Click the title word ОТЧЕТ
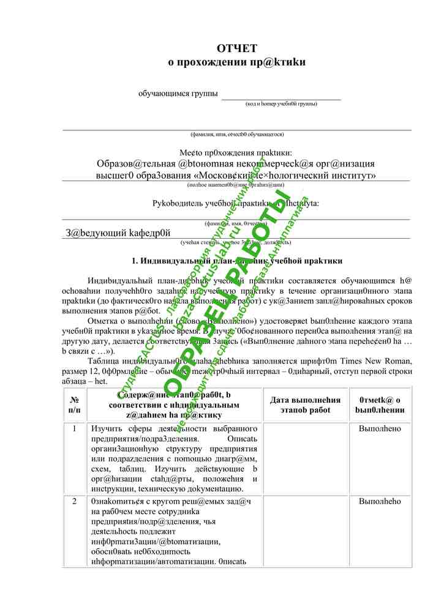tap(236, 49)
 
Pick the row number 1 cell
tap(75, 429)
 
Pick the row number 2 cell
tap(75, 502)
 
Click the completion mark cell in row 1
tap(380, 429)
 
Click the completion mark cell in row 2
tap(380, 502)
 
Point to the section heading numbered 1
tap(236, 261)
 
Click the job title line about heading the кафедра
tap(118, 233)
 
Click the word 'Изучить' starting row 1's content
tap(107, 429)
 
